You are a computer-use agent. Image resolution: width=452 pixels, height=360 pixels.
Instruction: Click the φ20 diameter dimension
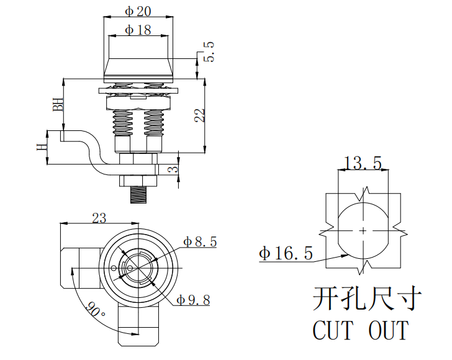[x=138, y=11]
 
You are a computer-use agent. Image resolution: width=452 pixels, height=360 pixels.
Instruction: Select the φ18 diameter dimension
[x=138, y=29]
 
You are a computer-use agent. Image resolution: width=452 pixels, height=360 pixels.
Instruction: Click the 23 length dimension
[x=99, y=218]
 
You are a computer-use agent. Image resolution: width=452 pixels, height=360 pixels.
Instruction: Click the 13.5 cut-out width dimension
[x=363, y=163]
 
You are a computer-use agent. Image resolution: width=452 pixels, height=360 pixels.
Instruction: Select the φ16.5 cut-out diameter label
[x=286, y=253]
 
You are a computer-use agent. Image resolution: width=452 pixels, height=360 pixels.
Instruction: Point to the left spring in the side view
[x=124, y=123]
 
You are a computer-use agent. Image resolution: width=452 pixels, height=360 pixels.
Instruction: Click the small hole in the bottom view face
[x=114, y=268]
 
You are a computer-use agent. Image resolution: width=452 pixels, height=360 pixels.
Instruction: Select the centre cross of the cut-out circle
[x=363, y=230]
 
